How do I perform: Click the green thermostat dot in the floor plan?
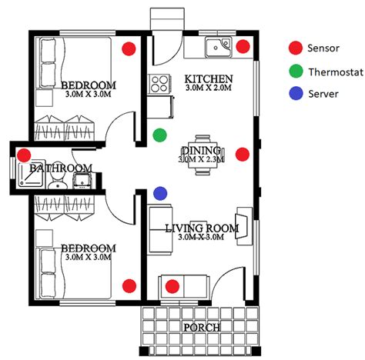159,135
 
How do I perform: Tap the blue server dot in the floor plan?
160,193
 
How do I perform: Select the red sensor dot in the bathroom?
24,155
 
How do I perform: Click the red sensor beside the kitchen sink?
243,46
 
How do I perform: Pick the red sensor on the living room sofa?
172,286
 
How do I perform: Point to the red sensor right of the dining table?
243,155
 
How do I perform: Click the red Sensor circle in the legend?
296,48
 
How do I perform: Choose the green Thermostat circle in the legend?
296,71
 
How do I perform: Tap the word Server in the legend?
323,94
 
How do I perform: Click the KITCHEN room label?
209,78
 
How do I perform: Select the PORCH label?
202,328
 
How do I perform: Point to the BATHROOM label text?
61,168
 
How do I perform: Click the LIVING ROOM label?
202,228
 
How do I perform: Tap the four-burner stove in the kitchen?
159,84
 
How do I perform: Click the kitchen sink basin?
219,47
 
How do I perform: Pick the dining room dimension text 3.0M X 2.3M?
201,159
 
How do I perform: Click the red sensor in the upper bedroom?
129,48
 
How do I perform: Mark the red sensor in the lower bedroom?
129,285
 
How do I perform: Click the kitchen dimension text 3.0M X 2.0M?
209,88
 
